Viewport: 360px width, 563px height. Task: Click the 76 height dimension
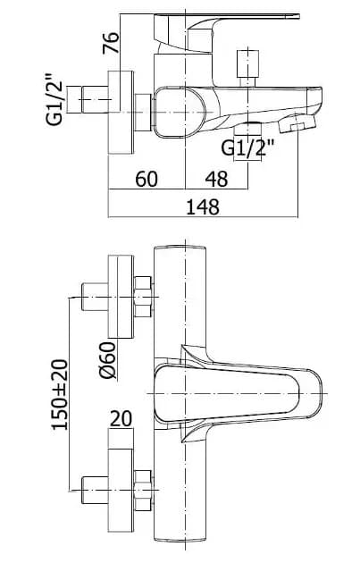coord(111,43)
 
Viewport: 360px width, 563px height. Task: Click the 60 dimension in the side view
coord(147,179)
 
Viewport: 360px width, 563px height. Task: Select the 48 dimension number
coord(216,179)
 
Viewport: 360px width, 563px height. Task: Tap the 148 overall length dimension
coord(203,206)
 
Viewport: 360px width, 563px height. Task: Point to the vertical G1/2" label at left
coord(54,99)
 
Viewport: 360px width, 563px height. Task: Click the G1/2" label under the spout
coord(247,147)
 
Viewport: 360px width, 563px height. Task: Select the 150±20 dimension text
coord(60,394)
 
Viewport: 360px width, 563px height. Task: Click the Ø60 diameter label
coord(108,360)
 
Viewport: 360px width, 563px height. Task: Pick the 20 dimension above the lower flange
coord(121,419)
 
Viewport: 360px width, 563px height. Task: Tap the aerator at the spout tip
coord(297,124)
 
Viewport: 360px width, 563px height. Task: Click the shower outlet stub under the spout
coord(247,129)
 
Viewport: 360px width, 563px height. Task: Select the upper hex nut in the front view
coord(143,297)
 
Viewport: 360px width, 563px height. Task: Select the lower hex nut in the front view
coord(143,490)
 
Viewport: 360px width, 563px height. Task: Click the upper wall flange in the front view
coord(121,297)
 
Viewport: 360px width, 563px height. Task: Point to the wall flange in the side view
coord(121,113)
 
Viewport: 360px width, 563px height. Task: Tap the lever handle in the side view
coord(227,32)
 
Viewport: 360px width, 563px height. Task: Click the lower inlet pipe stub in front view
coord(95,490)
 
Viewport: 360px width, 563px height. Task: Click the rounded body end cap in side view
coord(180,112)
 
